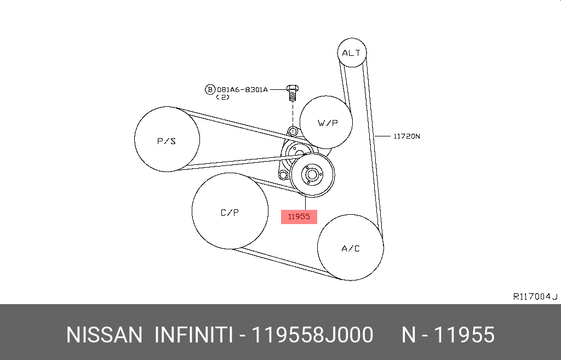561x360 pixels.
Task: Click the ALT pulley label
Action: click(x=351, y=53)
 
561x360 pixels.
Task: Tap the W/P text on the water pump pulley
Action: click(x=328, y=123)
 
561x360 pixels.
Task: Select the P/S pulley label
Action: click(x=167, y=141)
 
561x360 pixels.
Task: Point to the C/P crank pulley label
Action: click(x=230, y=213)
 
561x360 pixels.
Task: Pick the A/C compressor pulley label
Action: click(x=351, y=249)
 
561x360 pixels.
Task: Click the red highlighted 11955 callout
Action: click(x=299, y=216)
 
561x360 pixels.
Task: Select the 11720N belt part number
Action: click(x=407, y=136)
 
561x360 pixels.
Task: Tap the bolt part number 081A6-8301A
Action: click(x=242, y=89)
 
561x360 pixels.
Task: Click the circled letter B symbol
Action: click(x=210, y=89)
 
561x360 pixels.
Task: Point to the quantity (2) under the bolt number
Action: click(x=222, y=98)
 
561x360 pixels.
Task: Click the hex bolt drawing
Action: click(x=293, y=93)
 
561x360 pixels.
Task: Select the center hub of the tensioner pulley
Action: click(x=312, y=175)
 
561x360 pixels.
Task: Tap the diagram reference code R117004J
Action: click(x=535, y=296)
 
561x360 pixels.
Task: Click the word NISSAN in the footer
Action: click(x=104, y=335)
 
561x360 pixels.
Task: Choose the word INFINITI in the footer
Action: click(x=193, y=335)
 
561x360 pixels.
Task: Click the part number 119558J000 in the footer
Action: click(x=312, y=335)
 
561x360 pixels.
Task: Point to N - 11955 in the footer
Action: click(x=448, y=335)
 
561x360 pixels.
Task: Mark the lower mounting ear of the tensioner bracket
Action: click(x=283, y=175)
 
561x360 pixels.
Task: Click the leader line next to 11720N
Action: click(x=382, y=136)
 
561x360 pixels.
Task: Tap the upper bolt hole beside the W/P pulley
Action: click(x=293, y=132)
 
